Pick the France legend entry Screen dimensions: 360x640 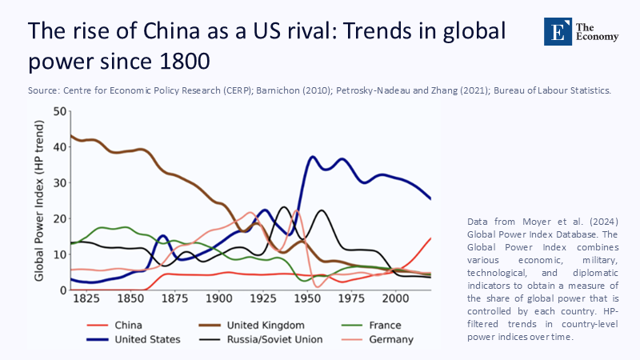[x=382, y=326]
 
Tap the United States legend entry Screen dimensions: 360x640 [x=146, y=339]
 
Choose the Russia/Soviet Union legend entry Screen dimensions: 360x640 [x=274, y=339]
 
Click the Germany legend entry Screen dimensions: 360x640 [x=392, y=339]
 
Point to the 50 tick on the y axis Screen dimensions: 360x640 [x=58, y=110]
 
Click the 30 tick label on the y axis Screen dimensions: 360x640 [x=58, y=182]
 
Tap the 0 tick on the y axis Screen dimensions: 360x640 [x=62, y=290]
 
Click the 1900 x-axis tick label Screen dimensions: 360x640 [x=218, y=298]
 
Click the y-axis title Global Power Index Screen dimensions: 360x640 [x=39, y=200]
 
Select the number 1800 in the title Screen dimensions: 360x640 [x=187, y=61]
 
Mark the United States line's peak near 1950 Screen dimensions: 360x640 [x=313, y=157]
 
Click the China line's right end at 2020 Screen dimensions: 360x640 [x=430, y=238]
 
